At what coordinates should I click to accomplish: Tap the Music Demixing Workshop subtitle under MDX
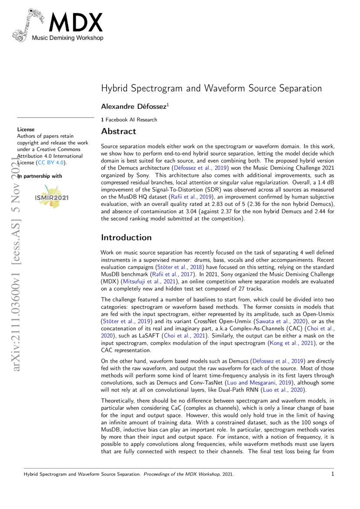click(67, 38)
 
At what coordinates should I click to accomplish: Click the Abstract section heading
click(118, 131)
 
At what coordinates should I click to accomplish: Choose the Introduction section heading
click(126, 238)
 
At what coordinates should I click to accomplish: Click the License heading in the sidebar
click(26, 129)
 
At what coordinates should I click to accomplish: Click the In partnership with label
click(40, 176)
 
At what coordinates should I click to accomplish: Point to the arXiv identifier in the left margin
click(18, 270)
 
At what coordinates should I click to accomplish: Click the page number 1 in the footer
click(333, 474)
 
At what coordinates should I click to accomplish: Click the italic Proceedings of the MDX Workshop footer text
click(182, 474)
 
